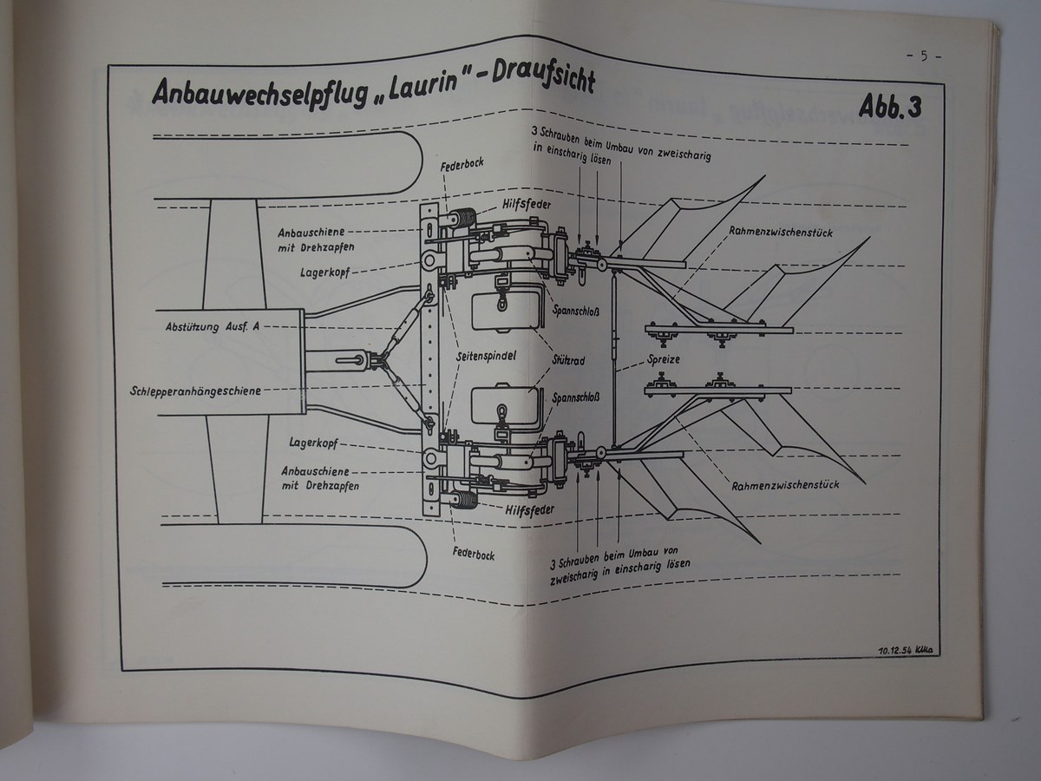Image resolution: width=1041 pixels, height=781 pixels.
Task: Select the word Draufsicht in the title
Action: click(543, 79)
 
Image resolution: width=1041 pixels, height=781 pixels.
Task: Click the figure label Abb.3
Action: click(889, 108)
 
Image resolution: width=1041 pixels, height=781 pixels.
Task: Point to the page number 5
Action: click(924, 57)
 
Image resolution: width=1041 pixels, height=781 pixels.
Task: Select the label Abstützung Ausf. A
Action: click(213, 327)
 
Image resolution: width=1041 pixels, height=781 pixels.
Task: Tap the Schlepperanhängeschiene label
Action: click(196, 390)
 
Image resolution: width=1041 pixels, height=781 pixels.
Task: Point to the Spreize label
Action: click(664, 358)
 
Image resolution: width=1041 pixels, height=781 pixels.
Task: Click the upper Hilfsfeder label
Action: click(527, 205)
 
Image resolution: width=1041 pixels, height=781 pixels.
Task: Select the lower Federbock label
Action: click(473, 553)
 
